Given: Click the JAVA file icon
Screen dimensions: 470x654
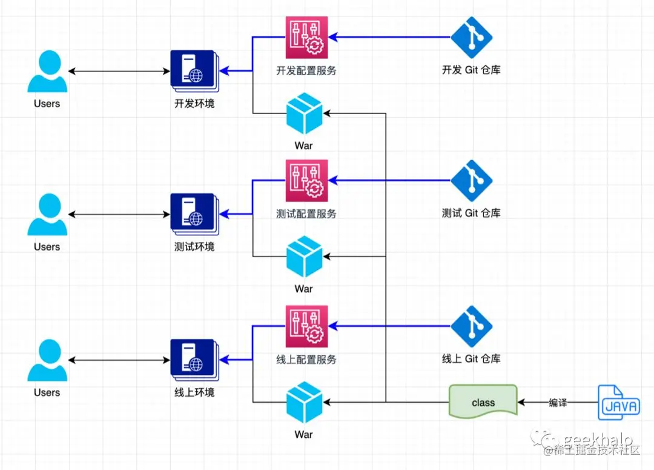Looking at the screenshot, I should tap(618, 402).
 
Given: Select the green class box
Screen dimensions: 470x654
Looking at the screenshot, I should tap(483, 401).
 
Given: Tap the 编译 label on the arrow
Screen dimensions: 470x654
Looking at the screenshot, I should tap(558, 402).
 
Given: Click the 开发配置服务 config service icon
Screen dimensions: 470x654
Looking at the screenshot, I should tap(306, 37).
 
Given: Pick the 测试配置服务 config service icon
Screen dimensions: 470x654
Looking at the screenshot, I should tap(306, 181).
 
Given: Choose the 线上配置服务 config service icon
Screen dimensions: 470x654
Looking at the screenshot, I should tap(306, 326).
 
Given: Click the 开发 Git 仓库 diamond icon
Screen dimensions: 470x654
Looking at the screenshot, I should tap(471, 37).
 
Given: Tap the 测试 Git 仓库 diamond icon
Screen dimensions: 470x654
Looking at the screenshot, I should tap(471, 181).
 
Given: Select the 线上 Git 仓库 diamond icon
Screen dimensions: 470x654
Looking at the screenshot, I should tap(471, 326).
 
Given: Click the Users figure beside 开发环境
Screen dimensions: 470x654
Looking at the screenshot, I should tap(47, 71).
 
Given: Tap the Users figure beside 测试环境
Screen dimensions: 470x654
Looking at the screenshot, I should tap(47, 215).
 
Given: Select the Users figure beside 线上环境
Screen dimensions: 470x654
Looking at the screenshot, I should tap(47, 360).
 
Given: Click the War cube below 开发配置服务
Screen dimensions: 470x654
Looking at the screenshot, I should tap(304, 113).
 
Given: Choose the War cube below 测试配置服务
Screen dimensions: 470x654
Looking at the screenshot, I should tap(304, 257).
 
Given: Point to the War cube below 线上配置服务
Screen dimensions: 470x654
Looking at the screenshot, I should tap(304, 401).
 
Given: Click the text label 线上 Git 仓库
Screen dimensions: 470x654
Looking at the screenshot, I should tap(471, 358).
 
